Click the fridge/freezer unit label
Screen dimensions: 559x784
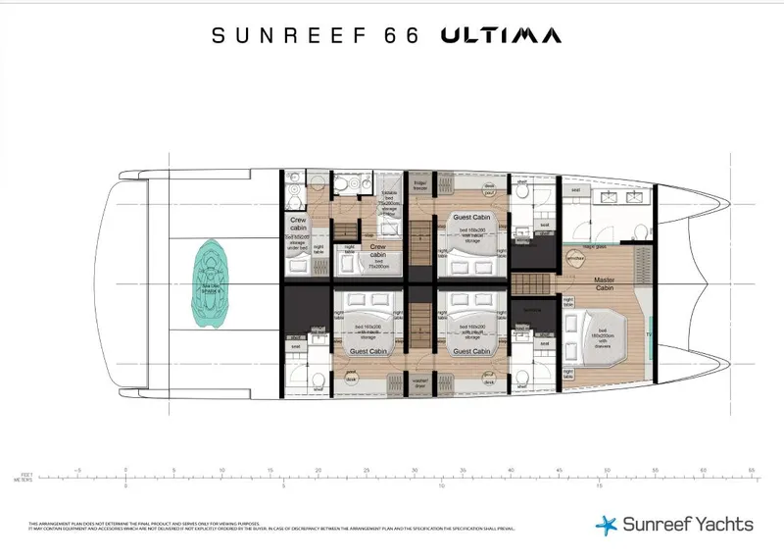tap(418, 184)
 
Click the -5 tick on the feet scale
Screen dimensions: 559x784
tap(78, 472)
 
